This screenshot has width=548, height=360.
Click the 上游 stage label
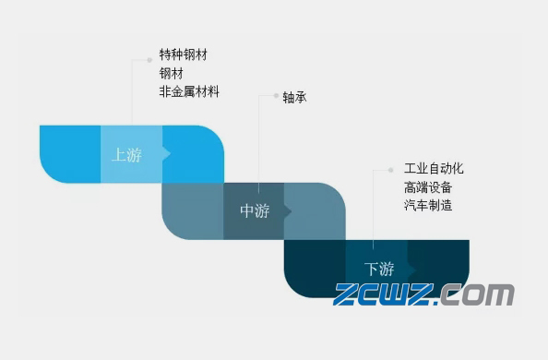[127, 155]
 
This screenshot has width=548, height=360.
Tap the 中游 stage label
[255, 211]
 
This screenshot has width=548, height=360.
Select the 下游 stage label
[379, 269]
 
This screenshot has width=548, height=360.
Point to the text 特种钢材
[184, 55]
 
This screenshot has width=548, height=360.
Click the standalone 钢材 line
[171, 73]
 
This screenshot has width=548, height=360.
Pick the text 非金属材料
[189, 91]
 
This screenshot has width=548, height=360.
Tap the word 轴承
[294, 97]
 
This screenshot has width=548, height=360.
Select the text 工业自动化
[434, 169]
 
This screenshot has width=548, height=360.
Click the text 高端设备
[427, 187]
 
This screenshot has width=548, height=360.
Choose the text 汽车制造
[427, 206]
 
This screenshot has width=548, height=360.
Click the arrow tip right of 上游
[168, 154]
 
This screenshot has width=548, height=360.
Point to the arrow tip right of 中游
[290, 211]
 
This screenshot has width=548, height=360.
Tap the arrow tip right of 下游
[413, 269]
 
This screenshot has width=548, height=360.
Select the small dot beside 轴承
[274, 95]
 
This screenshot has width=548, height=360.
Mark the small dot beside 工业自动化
[392, 170]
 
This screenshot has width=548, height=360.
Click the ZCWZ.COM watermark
[424, 295]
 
